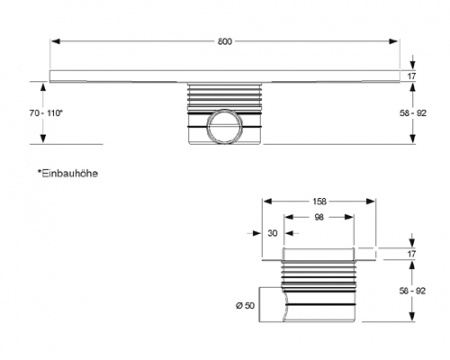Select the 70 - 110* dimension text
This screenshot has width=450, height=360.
click(23, 115)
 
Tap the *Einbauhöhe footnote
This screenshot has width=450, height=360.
click(67, 173)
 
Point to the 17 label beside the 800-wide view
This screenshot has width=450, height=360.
click(411, 76)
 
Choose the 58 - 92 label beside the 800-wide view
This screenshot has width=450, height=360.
click(411, 115)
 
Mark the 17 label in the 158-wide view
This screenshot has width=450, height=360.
click(411, 254)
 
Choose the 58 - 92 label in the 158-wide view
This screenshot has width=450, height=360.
click(411, 291)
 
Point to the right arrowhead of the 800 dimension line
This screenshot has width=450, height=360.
click(398, 42)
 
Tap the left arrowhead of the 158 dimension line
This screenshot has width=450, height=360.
click(266, 198)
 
